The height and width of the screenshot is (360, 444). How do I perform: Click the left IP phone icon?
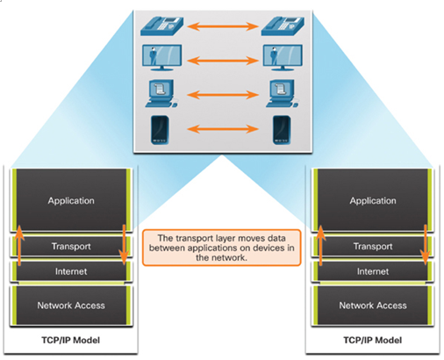click(x=161, y=26)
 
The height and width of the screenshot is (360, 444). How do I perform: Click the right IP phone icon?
click(x=283, y=26)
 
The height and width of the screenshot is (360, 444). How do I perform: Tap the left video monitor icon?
click(x=161, y=57)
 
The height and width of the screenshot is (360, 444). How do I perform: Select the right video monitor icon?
click(x=283, y=57)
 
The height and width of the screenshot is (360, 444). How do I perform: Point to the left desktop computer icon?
click(x=161, y=93)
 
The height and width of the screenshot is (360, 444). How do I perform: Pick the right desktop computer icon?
click(x=282, y=93)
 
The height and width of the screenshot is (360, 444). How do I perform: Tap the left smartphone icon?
click(x=160, y=130)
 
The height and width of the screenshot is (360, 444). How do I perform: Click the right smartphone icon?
click(x=282, y=130)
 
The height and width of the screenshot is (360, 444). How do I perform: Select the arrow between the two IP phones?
click(x=223, y=26)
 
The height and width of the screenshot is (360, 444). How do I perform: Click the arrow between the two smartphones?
click(x=223, y=129)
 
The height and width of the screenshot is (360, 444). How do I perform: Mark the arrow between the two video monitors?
click(x=223, y=61)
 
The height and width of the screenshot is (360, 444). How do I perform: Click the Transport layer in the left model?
click(x=71, y=247)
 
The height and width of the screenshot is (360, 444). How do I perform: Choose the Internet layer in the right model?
click(x=373, y=271)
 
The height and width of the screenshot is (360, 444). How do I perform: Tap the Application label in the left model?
click(x=71, y=201)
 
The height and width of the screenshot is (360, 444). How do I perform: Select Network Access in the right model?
click(x=373, y=306)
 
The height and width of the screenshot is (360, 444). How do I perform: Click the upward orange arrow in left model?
click(x=19, y=246)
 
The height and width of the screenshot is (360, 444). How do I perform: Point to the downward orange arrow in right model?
click(x=426, y=245)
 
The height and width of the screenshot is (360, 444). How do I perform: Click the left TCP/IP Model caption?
click(x=71, y=340)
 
